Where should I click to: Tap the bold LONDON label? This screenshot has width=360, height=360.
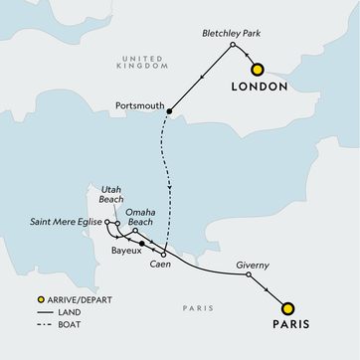click(259, 89)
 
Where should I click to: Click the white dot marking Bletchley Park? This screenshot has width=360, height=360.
click(232, 46)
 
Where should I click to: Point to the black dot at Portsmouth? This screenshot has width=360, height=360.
click(170, 111)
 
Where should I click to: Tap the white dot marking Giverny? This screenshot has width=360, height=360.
click(249, 276)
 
